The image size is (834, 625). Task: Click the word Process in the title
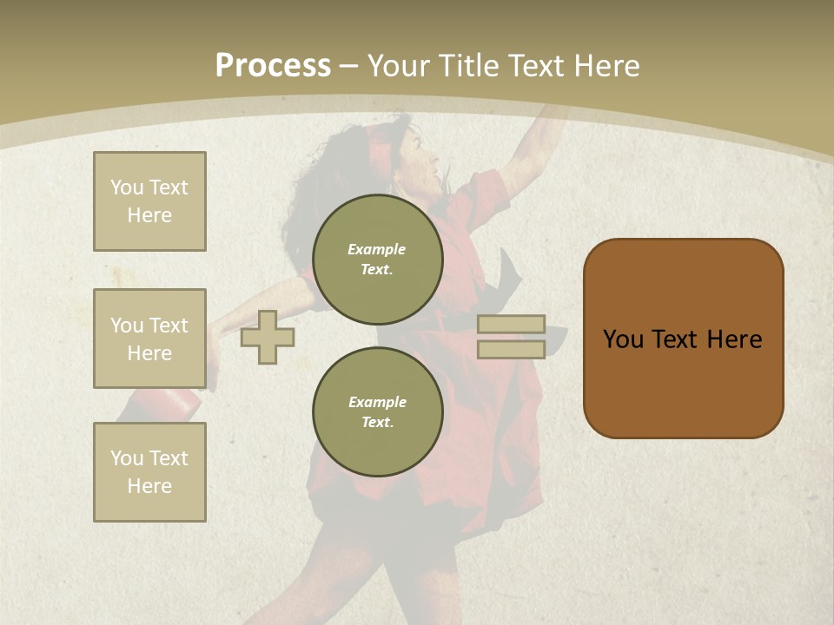pos(273,66)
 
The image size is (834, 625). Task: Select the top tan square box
pos(149,201)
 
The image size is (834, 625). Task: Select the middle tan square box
pos(149,339)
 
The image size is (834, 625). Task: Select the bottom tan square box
pos(149,471)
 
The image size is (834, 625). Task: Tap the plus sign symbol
pos(267,337)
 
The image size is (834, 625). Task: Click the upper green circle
pos(377,260)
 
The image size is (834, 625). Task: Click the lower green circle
pos(377,412)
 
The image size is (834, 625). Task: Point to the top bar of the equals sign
pos(511,325)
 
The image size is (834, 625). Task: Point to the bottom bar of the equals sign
pos(511,350)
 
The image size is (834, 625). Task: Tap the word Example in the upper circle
pos(377,249)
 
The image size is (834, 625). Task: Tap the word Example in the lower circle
pos(377,402)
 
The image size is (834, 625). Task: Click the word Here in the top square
pos(149,215)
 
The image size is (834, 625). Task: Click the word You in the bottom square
pos(126,457)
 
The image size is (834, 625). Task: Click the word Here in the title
pos(603,66)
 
